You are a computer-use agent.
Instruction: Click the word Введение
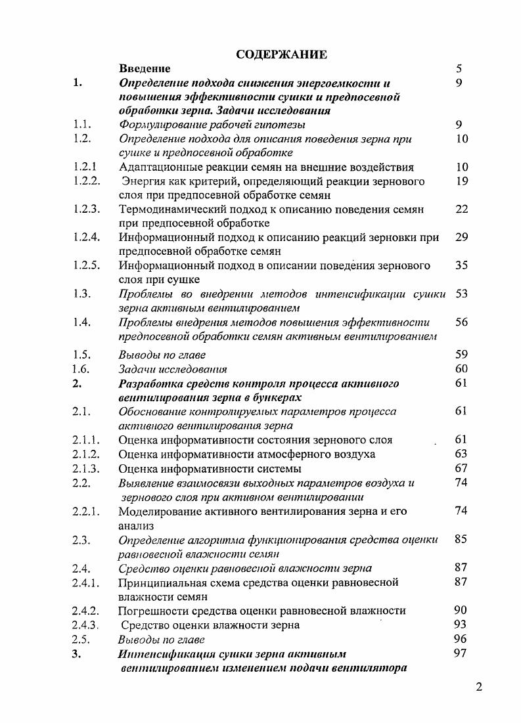[x=145, y=68]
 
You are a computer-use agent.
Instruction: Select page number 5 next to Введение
[x=459, y=68]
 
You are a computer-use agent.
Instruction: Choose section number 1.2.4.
[x=87, y=237]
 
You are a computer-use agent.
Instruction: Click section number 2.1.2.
[x=87, y=454]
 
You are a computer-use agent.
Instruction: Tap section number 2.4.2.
[x=87, y=610]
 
